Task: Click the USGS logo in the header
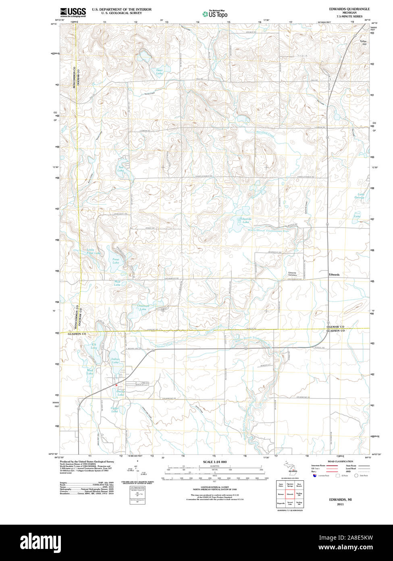coord(73,12)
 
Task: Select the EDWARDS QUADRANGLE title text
coord(349,9)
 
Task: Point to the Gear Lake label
coord(160,72)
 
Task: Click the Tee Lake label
coord(121,169)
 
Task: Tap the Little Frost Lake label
coord(94,251)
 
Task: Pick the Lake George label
coord(359,196)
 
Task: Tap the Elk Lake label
coord(94,346)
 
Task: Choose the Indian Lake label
coord(116,360)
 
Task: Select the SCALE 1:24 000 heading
coord(215,462)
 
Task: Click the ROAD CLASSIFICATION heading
coord(340,461)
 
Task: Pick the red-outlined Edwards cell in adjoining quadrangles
coord(290,494)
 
